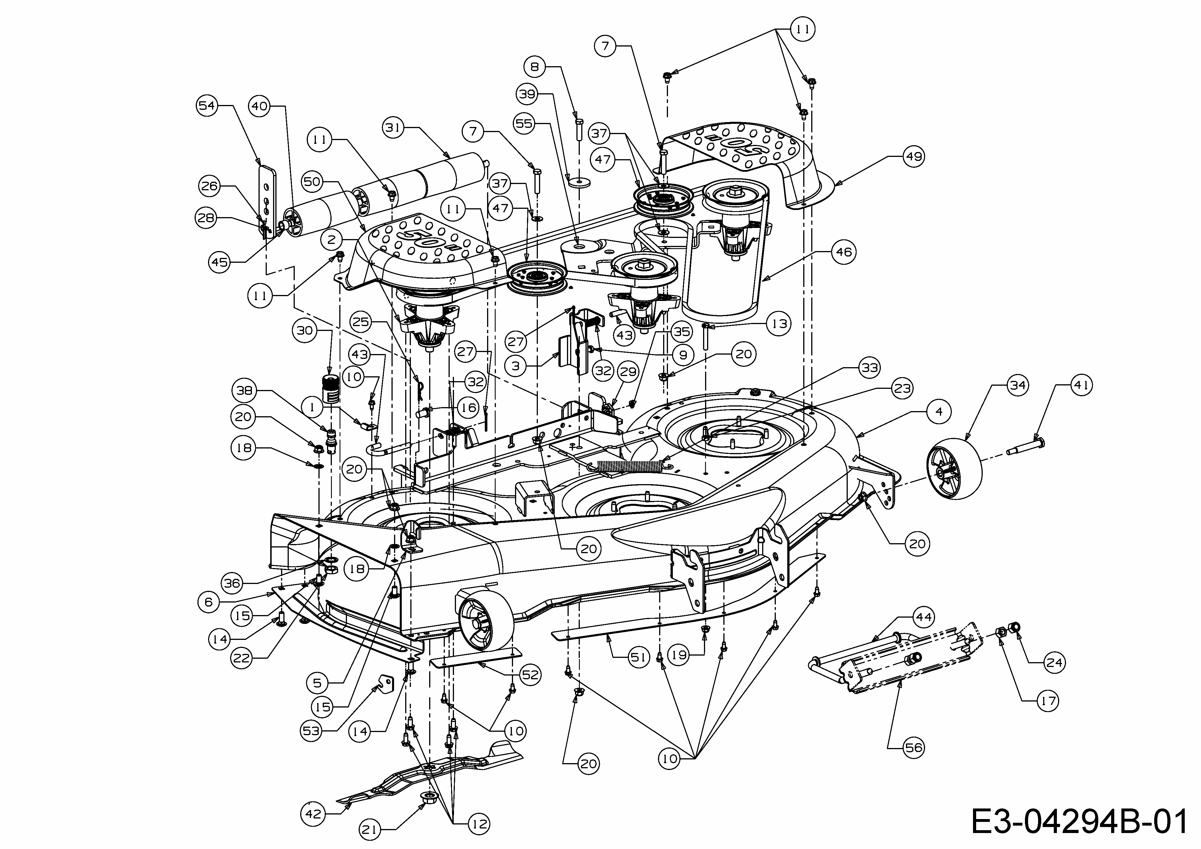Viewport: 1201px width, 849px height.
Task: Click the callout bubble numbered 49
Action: point(914,156)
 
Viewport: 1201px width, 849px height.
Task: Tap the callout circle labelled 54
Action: point(207,106)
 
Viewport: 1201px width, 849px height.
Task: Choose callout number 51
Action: point(638,657)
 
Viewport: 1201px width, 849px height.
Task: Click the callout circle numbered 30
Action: point(305,330)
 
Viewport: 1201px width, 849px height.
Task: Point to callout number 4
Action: point(939,412)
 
